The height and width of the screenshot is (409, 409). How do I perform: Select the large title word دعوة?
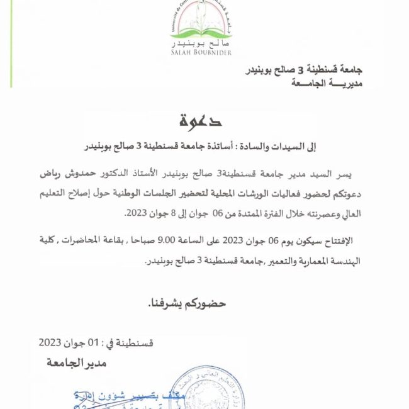[200, 119]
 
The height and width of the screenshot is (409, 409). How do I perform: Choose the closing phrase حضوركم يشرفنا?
[186, 303]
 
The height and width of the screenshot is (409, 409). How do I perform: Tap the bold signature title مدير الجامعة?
[76, 363]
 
